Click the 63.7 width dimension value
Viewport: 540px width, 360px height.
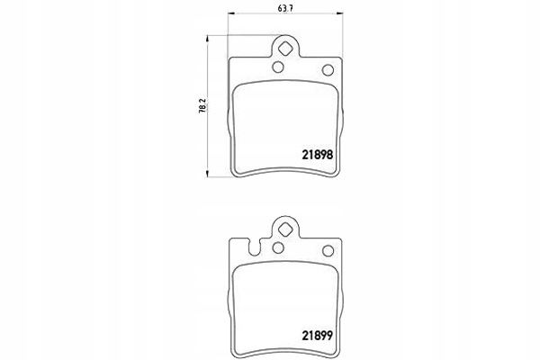point(285,9)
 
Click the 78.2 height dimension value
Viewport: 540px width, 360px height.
point(202,105)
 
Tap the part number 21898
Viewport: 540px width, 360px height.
point(318,155)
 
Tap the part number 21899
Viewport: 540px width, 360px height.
point(318,336)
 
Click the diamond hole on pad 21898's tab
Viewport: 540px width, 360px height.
point(285,49)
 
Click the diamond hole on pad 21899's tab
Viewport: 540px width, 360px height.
point(285,229)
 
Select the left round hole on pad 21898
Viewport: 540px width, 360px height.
point(278,67)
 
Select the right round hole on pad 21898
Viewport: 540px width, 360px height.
point(328,70)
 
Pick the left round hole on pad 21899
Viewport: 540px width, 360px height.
point(278,247)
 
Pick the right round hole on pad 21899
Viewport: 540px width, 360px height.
point(328,251)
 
